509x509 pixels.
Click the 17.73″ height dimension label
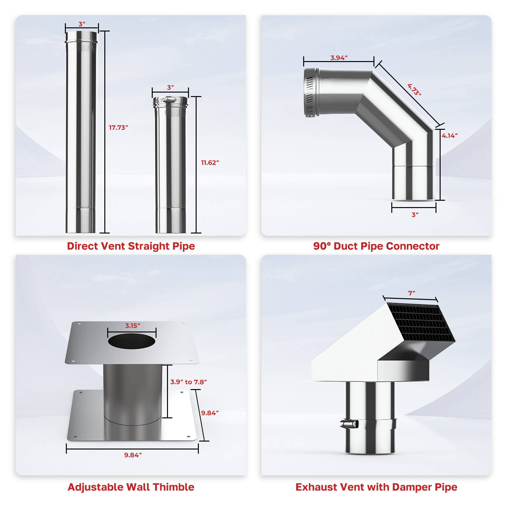(x=118, y=128)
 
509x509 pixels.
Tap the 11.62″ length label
(x=210, y=163)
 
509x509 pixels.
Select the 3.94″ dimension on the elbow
(x=339, y=58)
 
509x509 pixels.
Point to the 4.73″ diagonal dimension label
(x=415, y=89)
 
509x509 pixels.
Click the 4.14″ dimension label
(x=450, y=136)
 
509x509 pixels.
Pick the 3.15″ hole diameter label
(x=132, y=325)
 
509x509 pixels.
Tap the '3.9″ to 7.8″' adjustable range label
(x=188, y=382)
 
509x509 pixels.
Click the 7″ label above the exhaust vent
(x=412, y=293)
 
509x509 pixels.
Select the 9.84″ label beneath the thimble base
(x=133, y=455)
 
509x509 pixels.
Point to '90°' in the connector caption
(x=322, y=246)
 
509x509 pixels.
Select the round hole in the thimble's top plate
(x=132, y=341)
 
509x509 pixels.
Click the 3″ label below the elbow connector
(x=415, y=215)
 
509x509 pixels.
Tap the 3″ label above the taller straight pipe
(x=82, y=24)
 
